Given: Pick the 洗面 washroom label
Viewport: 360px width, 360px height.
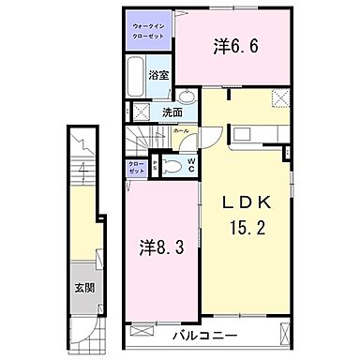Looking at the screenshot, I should pos(172,112).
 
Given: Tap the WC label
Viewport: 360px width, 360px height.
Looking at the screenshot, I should pos(190,167).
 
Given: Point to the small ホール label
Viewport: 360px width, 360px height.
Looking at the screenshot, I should pos(182,131).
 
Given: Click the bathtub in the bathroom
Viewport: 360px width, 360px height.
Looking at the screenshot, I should pos(133,74).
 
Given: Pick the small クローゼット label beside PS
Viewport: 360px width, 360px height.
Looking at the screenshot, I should pos(136,167).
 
